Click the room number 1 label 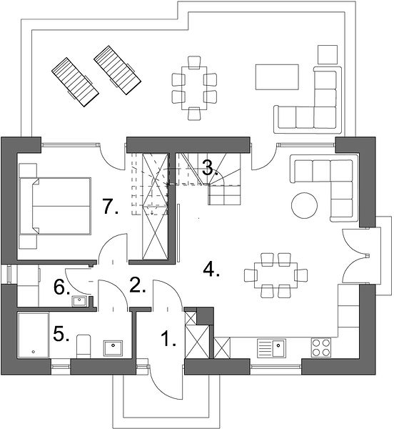168,339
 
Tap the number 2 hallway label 138,285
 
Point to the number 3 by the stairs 210,168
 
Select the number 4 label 211,269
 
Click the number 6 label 61,288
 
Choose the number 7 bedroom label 111,207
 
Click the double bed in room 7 55,206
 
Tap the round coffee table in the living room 305,205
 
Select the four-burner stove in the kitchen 320,347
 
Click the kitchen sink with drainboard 271,348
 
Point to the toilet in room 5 84,346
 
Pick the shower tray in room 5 34,335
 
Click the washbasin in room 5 113,348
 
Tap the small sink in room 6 79,301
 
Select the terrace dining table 194,88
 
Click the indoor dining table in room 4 276,275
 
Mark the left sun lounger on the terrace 75,82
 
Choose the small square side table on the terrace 328,55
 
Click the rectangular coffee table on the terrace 277,77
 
